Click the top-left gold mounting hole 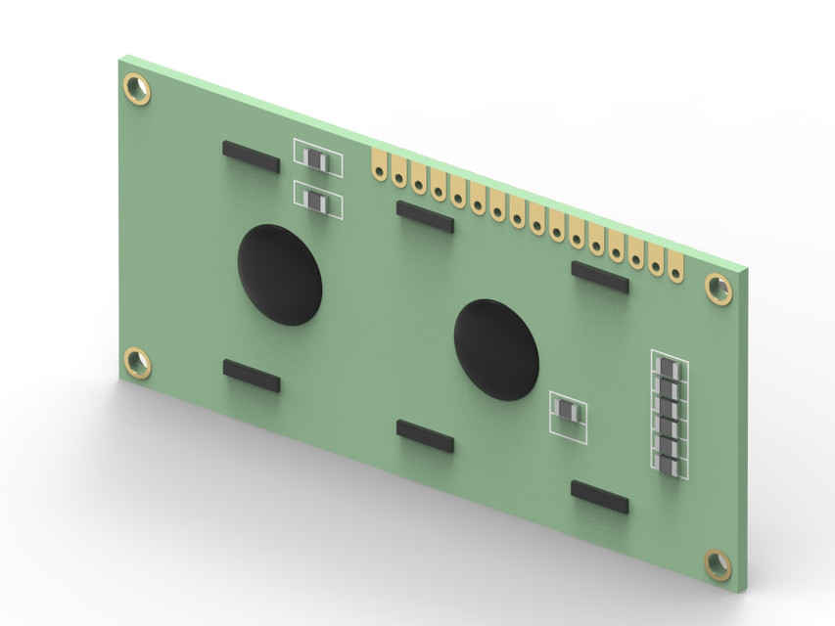[x=137, y=89]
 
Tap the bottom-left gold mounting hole [x=137, y=362]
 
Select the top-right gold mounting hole [x=718, y=288]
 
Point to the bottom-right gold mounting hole [x=718, y=563]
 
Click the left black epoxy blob [x=280, y=275]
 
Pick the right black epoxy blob [x=496, y=349]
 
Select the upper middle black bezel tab [x=424, y=216]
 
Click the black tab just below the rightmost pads [x=599, y=278]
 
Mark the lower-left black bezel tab [x=251, y=375]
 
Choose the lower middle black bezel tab [x=424, y=435]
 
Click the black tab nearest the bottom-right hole [x=599, y=497]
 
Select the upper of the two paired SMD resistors [x=317, y=158]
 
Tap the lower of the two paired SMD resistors [x=317, y=201]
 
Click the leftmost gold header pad [x=379, y=165]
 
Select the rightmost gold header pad [x=675, y=262]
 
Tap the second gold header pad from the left [x=398, y=172]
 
